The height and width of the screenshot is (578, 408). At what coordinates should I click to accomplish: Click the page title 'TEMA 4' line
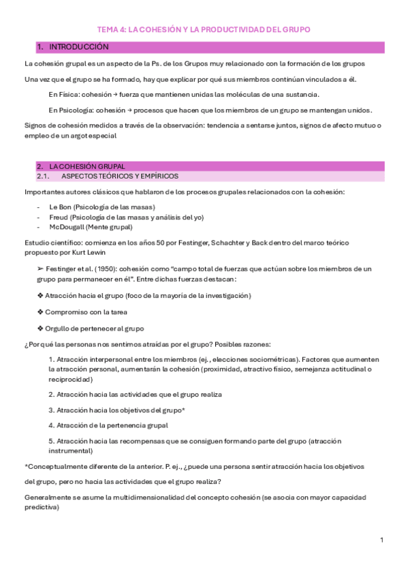coord(204,29)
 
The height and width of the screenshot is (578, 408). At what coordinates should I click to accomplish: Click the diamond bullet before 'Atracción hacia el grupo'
coord(40,295)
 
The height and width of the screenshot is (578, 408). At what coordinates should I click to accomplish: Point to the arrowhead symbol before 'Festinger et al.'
coord(41,269)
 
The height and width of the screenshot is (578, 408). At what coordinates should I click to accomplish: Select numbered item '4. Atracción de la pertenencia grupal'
coord(108,425)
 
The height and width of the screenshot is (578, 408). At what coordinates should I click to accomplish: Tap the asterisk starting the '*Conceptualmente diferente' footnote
coord(25,466)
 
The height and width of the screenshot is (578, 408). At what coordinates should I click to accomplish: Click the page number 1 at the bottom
coord(382,540)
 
